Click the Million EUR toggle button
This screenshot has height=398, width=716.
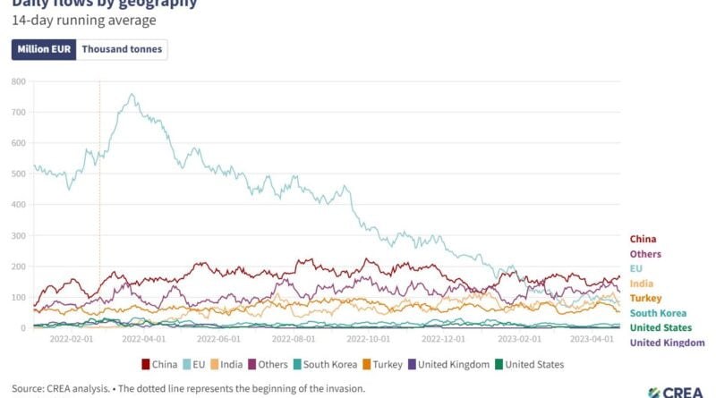click(44, 49)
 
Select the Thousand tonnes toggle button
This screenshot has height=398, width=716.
click(122, 49)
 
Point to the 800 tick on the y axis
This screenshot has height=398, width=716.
click(18, 80)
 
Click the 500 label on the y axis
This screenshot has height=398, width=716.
click(18, 174)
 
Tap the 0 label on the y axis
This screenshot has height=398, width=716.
click(22, 328)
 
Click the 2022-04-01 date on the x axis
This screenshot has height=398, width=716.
click(143, 340)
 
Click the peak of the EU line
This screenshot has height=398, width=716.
click(132, 94)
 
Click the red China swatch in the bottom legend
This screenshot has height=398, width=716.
click(146, 364)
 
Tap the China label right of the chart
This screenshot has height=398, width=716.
click(643, 239)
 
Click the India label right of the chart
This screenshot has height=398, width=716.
click(641, 283)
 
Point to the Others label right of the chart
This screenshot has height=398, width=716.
click(645, 254)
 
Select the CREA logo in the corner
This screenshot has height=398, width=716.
click(679, 392)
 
